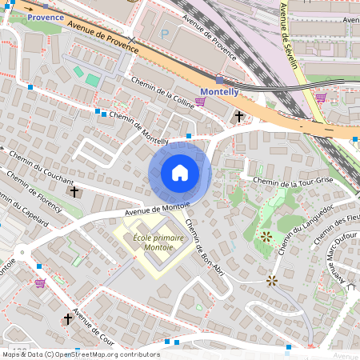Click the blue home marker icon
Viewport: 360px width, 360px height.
(x=180, y=173)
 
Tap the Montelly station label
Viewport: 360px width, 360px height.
(x=218, y=92)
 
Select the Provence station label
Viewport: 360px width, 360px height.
(x=45, y=16)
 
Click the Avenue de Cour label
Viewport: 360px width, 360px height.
(x=94, y=323)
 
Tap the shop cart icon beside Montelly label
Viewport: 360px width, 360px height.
(x=200, y=102)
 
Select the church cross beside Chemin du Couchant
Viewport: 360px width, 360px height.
(x=74, y=191)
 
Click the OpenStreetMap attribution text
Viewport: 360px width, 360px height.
(x=80, y=354)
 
